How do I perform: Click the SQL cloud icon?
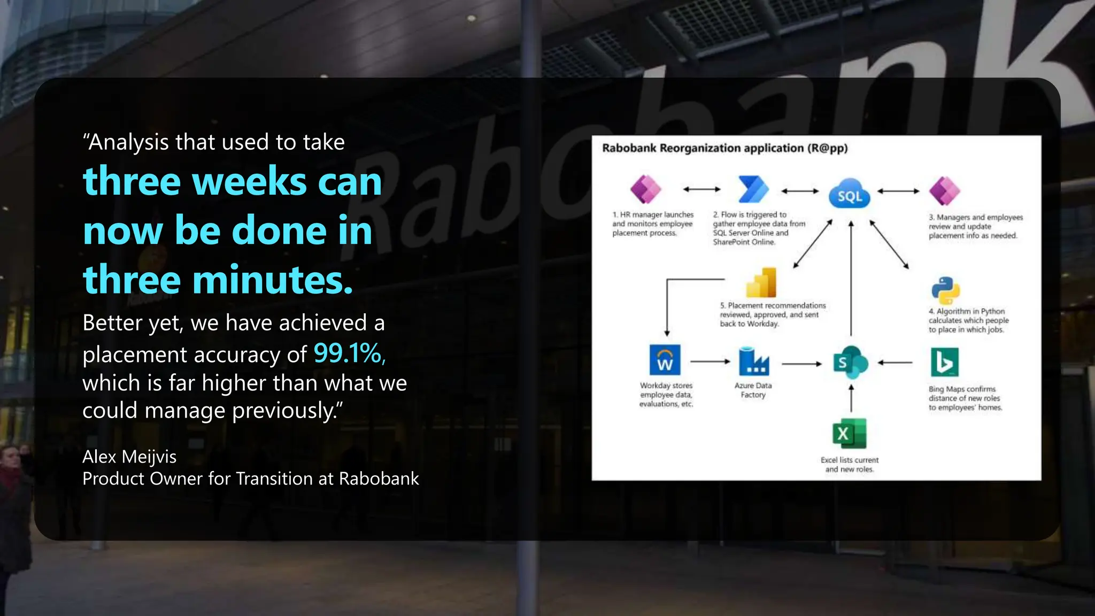coord(849,194)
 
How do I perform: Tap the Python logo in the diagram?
coord(945,290)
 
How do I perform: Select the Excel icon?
coord(849,434)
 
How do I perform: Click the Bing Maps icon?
coord(944,362)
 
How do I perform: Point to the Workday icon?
coord(665,360)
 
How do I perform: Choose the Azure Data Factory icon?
coord(753,361)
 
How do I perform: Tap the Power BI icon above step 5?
coord(761,283)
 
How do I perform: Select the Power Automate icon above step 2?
coord(753,189)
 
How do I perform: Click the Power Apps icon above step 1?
coord(645,189)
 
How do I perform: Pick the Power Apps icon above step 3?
coord(944,191)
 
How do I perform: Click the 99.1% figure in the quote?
coord(349,353)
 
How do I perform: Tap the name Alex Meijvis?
coord(129,457)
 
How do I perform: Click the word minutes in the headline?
coord(272,280)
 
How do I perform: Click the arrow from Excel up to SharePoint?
coord(851,398)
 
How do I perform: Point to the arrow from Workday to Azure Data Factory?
coord(710,362)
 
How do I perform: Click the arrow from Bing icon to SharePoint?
coord(895,363)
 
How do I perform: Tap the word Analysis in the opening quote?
coord(128,142)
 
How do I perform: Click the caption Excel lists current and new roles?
coord(849,464)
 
